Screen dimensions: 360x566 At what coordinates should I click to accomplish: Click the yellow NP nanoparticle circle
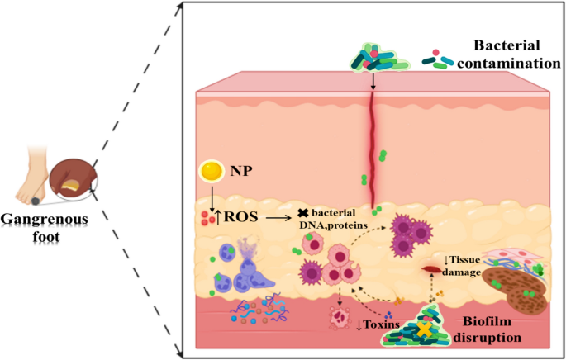(213, 173)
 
